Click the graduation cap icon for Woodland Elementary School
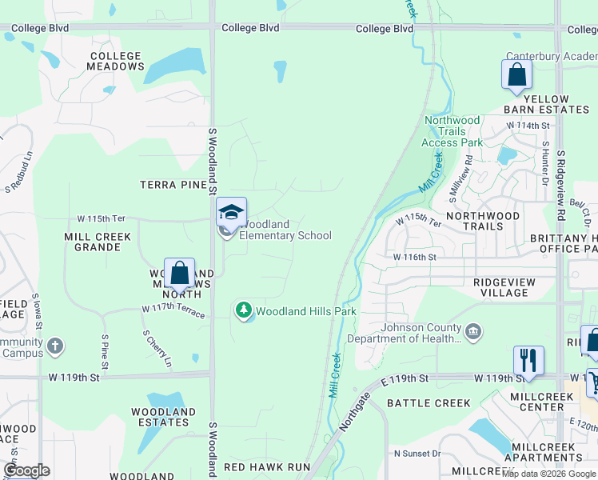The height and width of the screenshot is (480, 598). tap(231, 212)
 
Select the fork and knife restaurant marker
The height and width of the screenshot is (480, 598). tap(528, 360)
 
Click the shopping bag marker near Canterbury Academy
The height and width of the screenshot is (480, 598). tap(516, 75)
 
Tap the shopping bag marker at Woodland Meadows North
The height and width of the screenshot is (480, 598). tap(180, 273)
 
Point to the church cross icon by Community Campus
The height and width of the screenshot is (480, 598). tap(54, 346)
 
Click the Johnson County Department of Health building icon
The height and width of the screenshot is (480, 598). tap(473, 331)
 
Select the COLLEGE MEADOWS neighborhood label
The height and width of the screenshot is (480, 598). tap(116, 62)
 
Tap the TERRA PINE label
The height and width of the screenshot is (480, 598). tap(173, 185)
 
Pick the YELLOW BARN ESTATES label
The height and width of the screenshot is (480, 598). tap(546, 104)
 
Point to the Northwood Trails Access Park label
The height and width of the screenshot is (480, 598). tap(452, 131)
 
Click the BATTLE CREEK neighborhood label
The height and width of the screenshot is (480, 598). tap(429, 403)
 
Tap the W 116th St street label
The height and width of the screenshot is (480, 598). tap(414, 257)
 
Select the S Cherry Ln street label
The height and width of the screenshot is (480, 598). tap(157, 349)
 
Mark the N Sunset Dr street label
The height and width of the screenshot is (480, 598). tap(417, 454)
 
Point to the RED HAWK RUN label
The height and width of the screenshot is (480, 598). tap(266, 466)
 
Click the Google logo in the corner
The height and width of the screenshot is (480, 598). tap(26, 470)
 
